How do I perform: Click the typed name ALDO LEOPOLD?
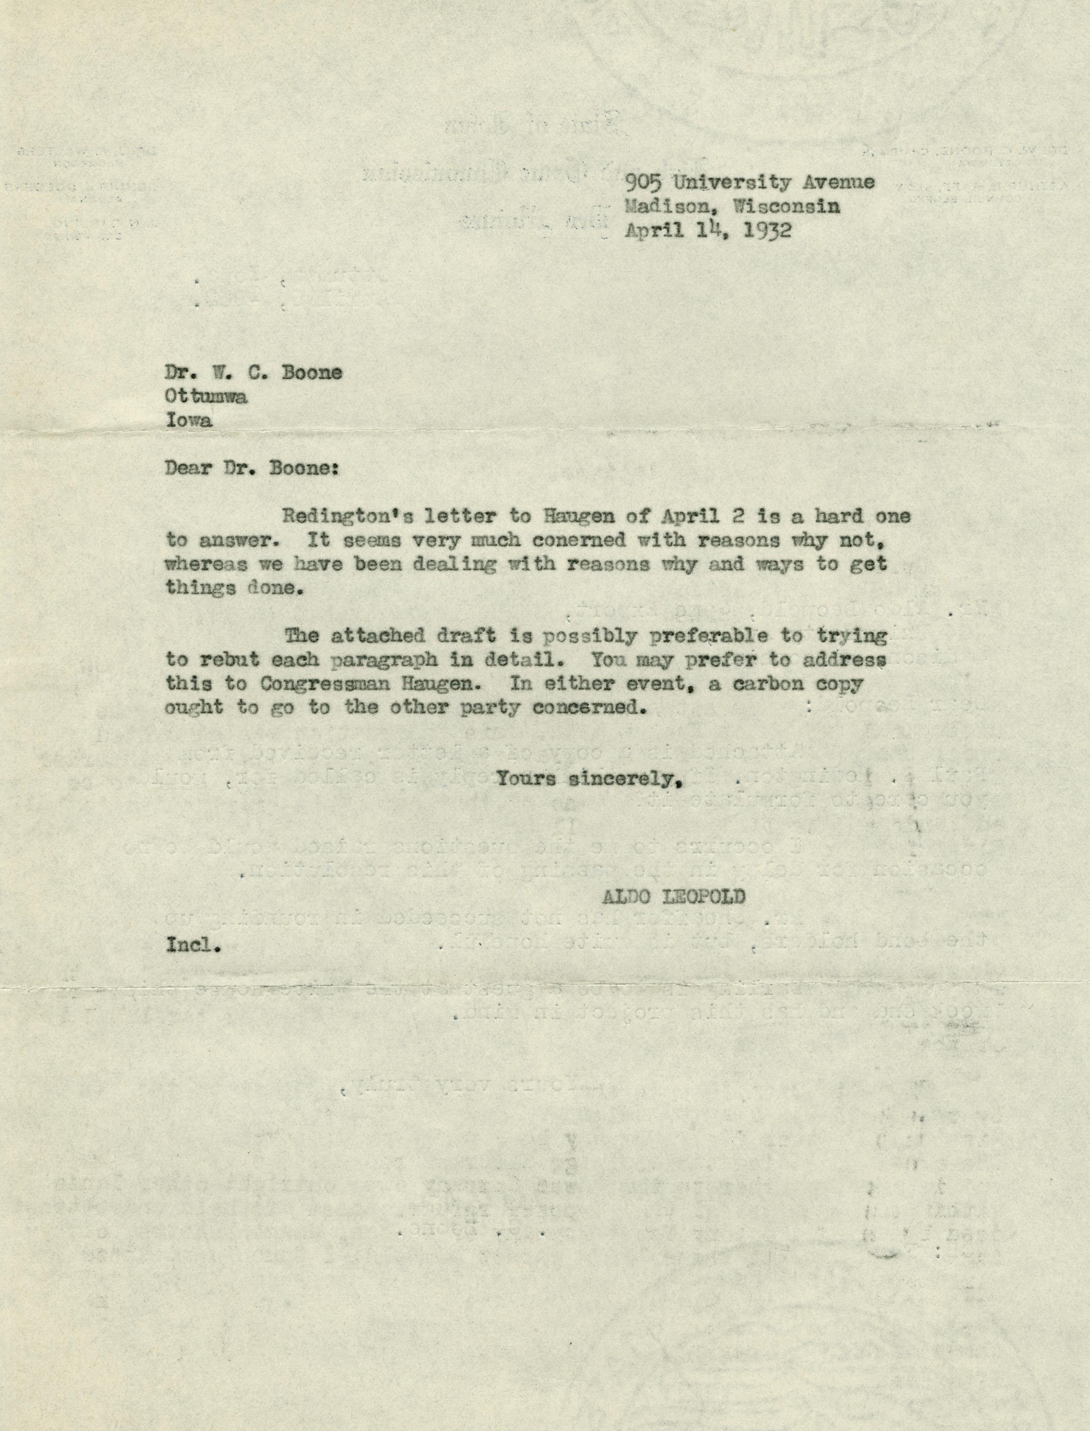coord(673,897)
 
